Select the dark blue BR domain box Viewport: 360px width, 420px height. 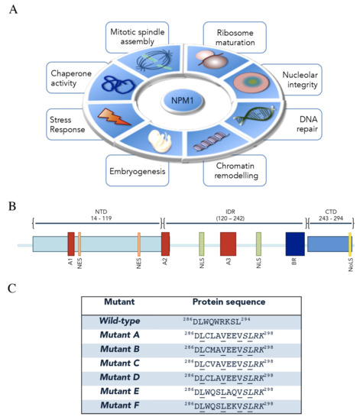point(294,244)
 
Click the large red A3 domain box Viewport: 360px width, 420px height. point(228,244)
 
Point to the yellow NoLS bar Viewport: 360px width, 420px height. point(349,244)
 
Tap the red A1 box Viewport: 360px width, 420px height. point(71,244)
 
